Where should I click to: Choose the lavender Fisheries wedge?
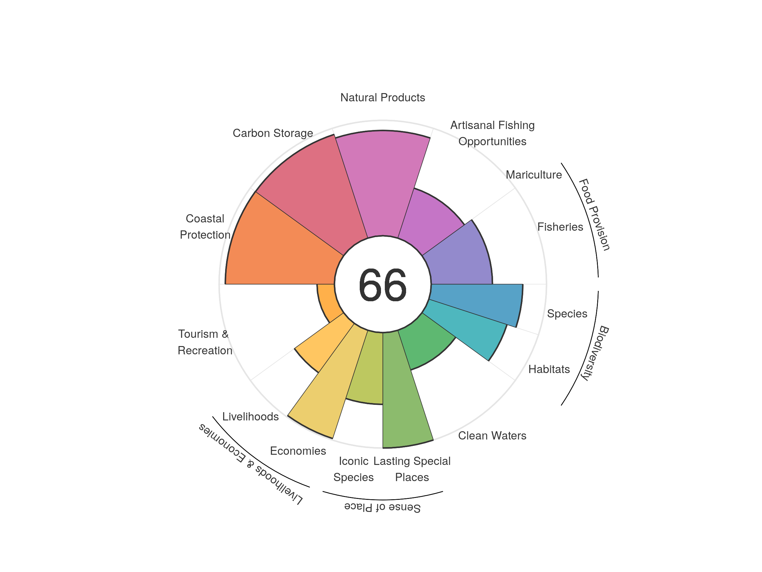tap(458, 259)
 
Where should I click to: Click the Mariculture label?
tap(534, 175)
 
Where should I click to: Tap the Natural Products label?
tap(382, 98)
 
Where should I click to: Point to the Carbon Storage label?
tap(273, 133)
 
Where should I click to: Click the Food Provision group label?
tap(594, 214)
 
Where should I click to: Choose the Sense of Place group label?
tap(382, 507)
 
